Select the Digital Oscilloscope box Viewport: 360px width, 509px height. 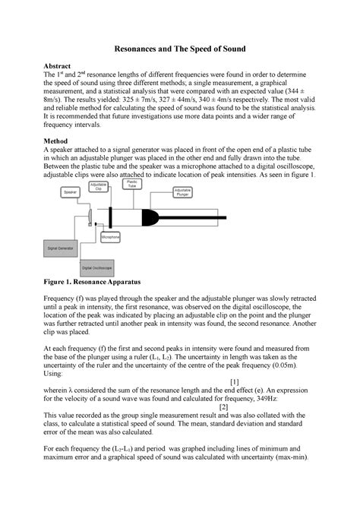[99, 268]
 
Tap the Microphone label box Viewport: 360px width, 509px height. [112, 236]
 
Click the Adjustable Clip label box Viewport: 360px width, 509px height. [99, 188]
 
